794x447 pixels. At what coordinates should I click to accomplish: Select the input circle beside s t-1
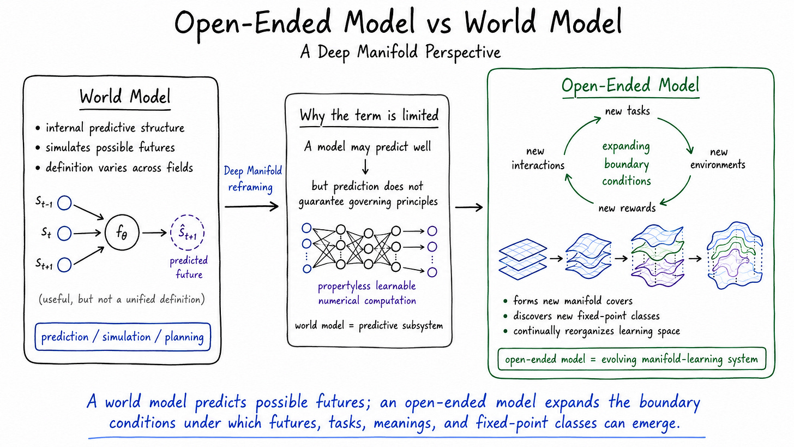(64, 203)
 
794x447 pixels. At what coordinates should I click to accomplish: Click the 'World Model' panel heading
(125, 97)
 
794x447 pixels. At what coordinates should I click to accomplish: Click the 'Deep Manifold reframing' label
(252, 178)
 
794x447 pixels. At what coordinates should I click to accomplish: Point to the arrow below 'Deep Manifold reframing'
(252, 206)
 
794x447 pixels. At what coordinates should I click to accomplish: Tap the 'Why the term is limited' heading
(369, 116)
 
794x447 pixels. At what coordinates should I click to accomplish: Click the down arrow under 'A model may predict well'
(365, 166)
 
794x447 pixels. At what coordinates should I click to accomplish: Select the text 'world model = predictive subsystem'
(369, 325)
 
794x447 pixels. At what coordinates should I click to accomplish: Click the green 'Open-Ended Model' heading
(630, 86)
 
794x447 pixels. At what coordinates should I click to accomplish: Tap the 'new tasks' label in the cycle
(627, 111)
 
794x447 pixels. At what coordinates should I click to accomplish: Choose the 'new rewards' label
(627, 207)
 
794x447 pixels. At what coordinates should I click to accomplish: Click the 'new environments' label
(718, 158)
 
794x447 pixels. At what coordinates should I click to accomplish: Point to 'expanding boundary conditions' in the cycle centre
(627, 164)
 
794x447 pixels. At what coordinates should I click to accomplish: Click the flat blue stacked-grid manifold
(523, 259)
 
